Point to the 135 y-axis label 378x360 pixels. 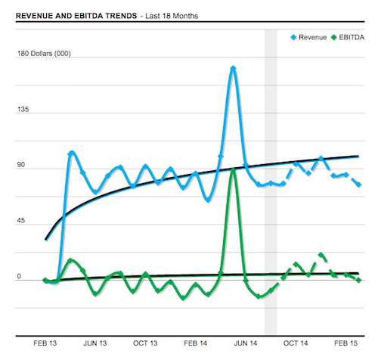click(x=23, y=110)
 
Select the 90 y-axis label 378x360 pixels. click(x=21, y=166)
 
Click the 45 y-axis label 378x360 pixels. click(x=21, y=222)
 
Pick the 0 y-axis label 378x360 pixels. click(x=19, y=277)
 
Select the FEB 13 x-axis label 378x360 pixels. click(x=46, y=343)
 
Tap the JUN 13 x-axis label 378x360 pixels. click(x=95, y=343)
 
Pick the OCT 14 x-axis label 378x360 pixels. click(x=296, y=343)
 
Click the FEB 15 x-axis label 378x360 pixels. click(x=345, y=343)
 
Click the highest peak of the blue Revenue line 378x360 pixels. click(x=233, y=68)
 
